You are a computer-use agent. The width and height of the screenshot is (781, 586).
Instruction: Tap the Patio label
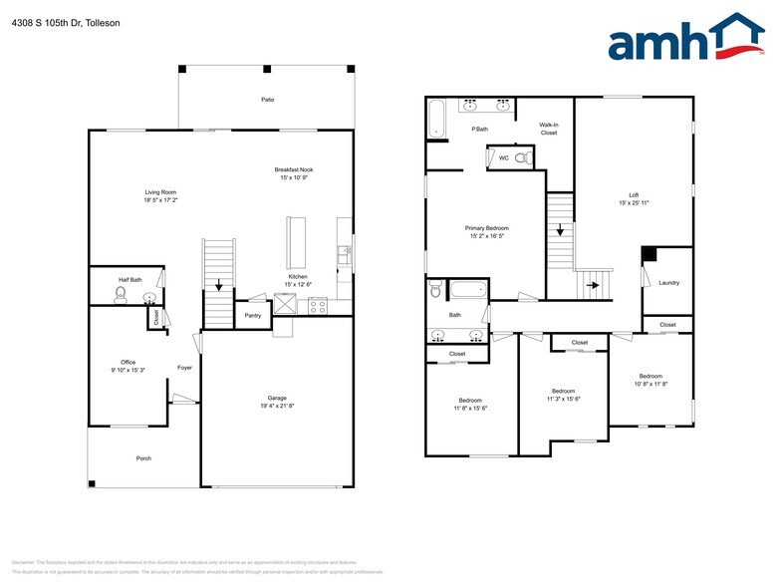coord(267,101)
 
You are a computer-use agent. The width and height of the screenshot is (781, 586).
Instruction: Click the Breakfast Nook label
coord(294,170)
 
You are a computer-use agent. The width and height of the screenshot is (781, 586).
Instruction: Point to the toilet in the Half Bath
coord(122,296)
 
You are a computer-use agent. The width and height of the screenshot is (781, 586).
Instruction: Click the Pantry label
coord(252,316)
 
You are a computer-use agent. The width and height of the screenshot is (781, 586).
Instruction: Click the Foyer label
coord(184,368)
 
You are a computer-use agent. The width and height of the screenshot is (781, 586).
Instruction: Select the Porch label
coord(143,458)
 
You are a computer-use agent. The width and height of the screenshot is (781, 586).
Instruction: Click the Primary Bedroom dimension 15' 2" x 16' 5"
coord(487,236)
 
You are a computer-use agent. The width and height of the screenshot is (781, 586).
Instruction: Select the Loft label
coord(634,195)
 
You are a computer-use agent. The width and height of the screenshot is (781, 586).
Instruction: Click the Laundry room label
coord(668,283)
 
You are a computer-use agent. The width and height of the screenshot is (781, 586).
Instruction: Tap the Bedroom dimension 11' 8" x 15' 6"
coord(470,408)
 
